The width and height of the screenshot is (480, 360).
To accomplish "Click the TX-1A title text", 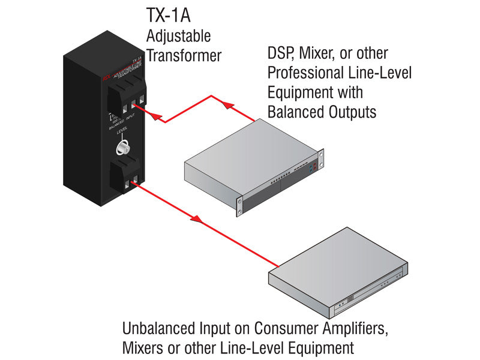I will pyautogui.click(x=169, y=16).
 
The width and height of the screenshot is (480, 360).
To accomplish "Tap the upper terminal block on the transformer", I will pyautogui.click(x=126, y=97).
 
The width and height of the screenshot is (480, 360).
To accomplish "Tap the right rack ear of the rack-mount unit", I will pyautogui.click(x=322, y=159).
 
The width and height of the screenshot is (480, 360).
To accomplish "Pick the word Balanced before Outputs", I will pyautogui.click(x=296, y=112).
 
